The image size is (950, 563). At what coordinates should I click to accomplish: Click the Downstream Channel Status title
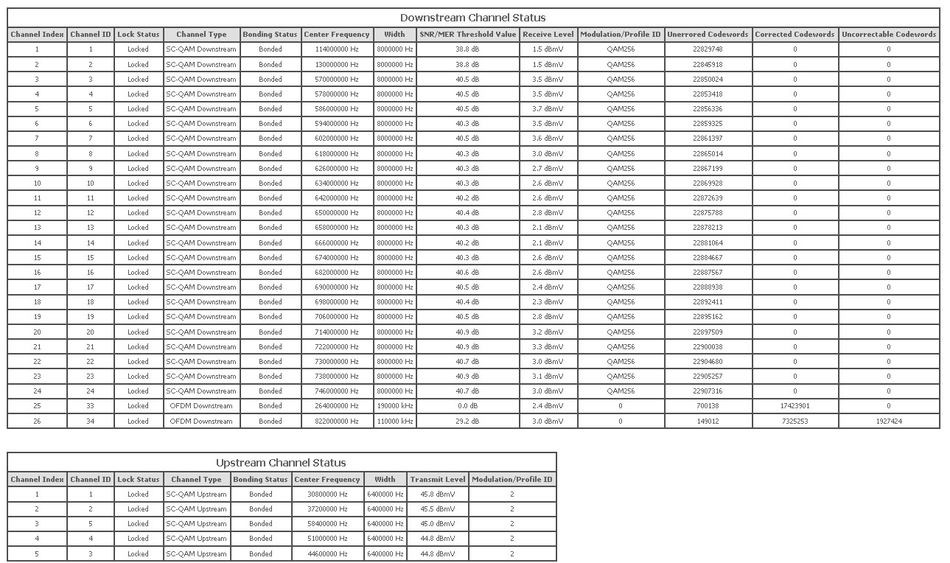[472, 18]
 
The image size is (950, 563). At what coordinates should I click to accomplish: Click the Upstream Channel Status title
[281, 463]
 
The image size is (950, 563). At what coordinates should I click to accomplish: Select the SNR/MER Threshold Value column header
[467, 35]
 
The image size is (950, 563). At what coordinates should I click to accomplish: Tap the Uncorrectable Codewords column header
[888, 35]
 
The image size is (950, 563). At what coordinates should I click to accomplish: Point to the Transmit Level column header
[438, 480]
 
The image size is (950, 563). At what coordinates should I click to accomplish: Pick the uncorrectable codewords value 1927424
[888, 422]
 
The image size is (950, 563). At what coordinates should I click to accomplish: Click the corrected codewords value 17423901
[794, 406]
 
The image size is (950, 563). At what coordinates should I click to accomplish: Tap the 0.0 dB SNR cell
[467, 406]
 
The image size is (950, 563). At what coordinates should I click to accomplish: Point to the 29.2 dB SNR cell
[467, 422]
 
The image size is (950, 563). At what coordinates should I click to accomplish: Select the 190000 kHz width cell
[394, 406]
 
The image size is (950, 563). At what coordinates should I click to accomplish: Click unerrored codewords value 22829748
[708, 49]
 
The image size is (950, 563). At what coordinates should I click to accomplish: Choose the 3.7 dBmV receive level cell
[548, 109]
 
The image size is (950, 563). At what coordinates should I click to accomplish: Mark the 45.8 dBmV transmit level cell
[438, 494]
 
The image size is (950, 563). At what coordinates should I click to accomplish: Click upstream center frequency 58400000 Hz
[326, 524]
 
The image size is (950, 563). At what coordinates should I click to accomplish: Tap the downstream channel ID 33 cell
[91, 406]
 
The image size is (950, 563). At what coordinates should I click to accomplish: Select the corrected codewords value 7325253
[794, 422]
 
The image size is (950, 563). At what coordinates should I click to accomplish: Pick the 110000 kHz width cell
[394, 422]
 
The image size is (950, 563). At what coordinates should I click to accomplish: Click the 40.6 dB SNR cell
[467, 273]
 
